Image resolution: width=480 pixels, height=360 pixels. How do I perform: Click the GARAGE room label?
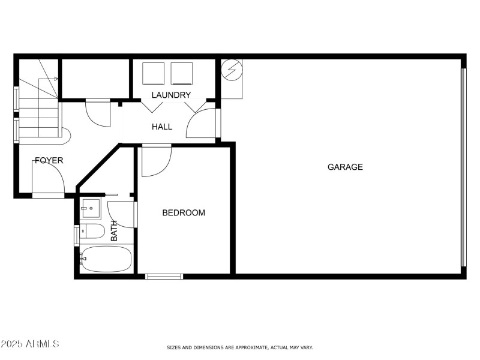pyautogui.click(x=345, y=167)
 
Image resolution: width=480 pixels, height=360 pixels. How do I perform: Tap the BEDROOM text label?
pyautogui.click(x=184, y=212)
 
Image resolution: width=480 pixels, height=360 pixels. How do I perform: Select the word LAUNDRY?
pyautogui.click(x=171, y=95)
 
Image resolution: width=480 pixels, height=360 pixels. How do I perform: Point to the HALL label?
pyautogui.click(x=162, y=127)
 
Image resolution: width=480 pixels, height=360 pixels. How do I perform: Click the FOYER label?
pyautogui.click(x=49, y=160)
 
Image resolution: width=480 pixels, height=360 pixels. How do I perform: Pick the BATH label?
pyautogui.click(x=114, y=230)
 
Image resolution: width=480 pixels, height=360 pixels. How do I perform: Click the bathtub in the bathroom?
pyautogui.click(x=106, y=259)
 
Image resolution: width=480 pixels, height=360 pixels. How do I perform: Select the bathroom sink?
pyautogui.click(x=91, y=208)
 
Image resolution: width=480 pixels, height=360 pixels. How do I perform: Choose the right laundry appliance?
pyautogui.click(x=182, y=73)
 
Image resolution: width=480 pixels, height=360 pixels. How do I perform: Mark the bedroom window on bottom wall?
pyautogui.click(x=164, y=276)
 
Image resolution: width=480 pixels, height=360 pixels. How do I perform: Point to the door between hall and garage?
pyautogui.click(x=202, y=123)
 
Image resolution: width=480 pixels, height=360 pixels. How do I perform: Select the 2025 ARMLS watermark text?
pyautogui.click(x=30, y=344)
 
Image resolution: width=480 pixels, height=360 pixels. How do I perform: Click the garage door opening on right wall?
pyautogui.click(x=463, y=167)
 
